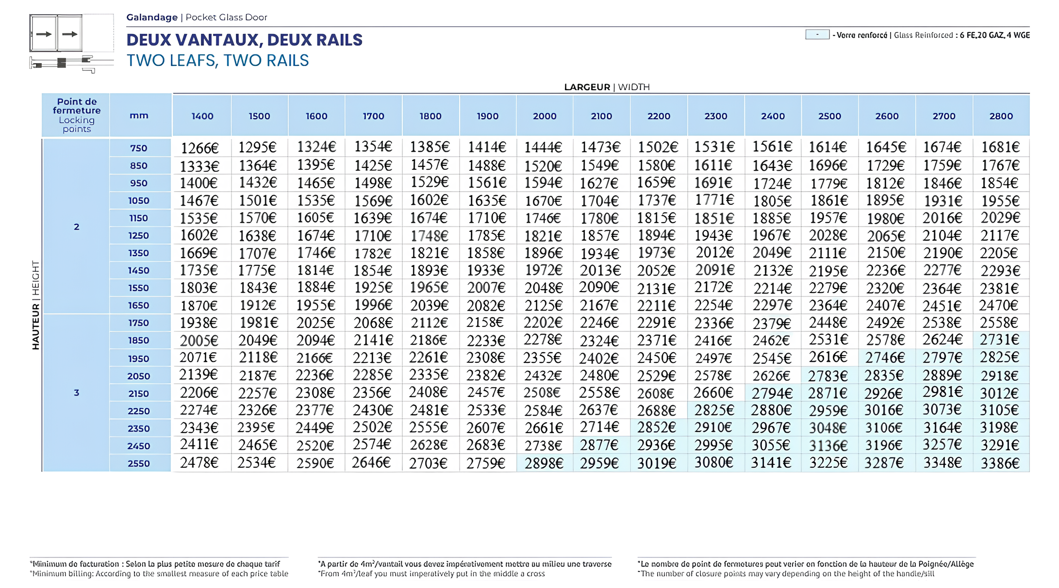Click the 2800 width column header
click(x=1001, y=116)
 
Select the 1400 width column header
click(x=202, y=116)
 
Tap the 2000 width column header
click(x=545, y=116)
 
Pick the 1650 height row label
click(x=139, y=306)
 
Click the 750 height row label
click(x=139, y=148)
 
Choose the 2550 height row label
click(x=139, y=464)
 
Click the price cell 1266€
click(x=199, y=147)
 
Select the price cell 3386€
click(x=1000, y=463)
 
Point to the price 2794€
click(x=772, y=393)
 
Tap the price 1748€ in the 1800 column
click(x=430, y=236)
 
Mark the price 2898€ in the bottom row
click(x=544, y=463)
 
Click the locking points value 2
click(x=76, y=227)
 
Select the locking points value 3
click(x=76, y=392)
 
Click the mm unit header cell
click(x=139, y=116)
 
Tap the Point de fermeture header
click(x=77, y=115)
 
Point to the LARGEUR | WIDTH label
click(x=607, y=87)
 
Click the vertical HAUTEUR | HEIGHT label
click(x=35, y=305)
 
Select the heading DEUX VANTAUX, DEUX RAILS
click(x=244, y=40)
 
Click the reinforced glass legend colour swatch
click(x=817, y=34)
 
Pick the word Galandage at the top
click(x=152, y=17)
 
